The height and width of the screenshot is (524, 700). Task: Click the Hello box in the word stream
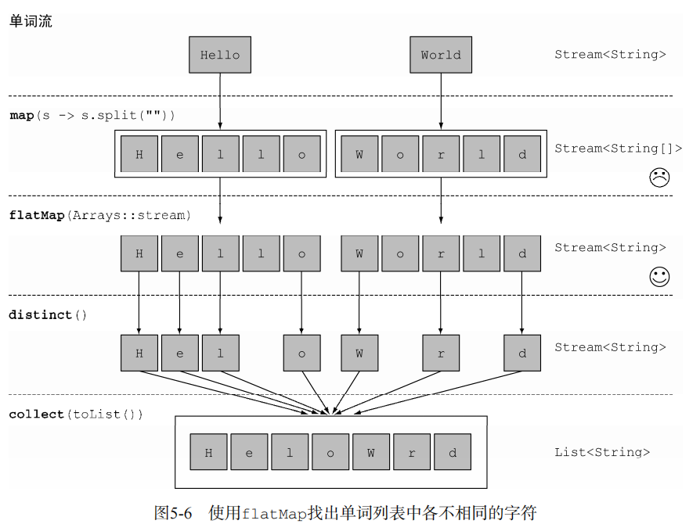click(220, 55)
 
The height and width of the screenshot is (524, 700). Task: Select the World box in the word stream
click(441, 55)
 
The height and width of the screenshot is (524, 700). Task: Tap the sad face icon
click(659, 178)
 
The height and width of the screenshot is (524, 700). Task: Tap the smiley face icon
click(659, 276)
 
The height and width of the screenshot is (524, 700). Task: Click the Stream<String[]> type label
click(618, 149)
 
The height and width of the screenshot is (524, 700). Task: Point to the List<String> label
click(602, 452)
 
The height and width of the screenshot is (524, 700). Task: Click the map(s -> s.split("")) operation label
click(92, 116)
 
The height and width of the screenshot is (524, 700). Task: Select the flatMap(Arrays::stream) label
click(99, 215)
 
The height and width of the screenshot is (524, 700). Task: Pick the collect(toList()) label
click(76, 414)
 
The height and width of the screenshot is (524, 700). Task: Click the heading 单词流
click(31, 22)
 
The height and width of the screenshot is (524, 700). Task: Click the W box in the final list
click(370, 453)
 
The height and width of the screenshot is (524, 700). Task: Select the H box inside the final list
click(208, 453)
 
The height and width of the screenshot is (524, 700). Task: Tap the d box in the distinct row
click(522, 353)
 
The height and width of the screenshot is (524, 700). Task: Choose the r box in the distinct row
click(441, 353)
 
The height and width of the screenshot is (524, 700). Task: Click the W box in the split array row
click(359, 154)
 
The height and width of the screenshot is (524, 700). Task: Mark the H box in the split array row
click(139, 154)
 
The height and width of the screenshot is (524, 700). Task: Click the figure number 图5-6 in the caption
click(173, 513)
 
